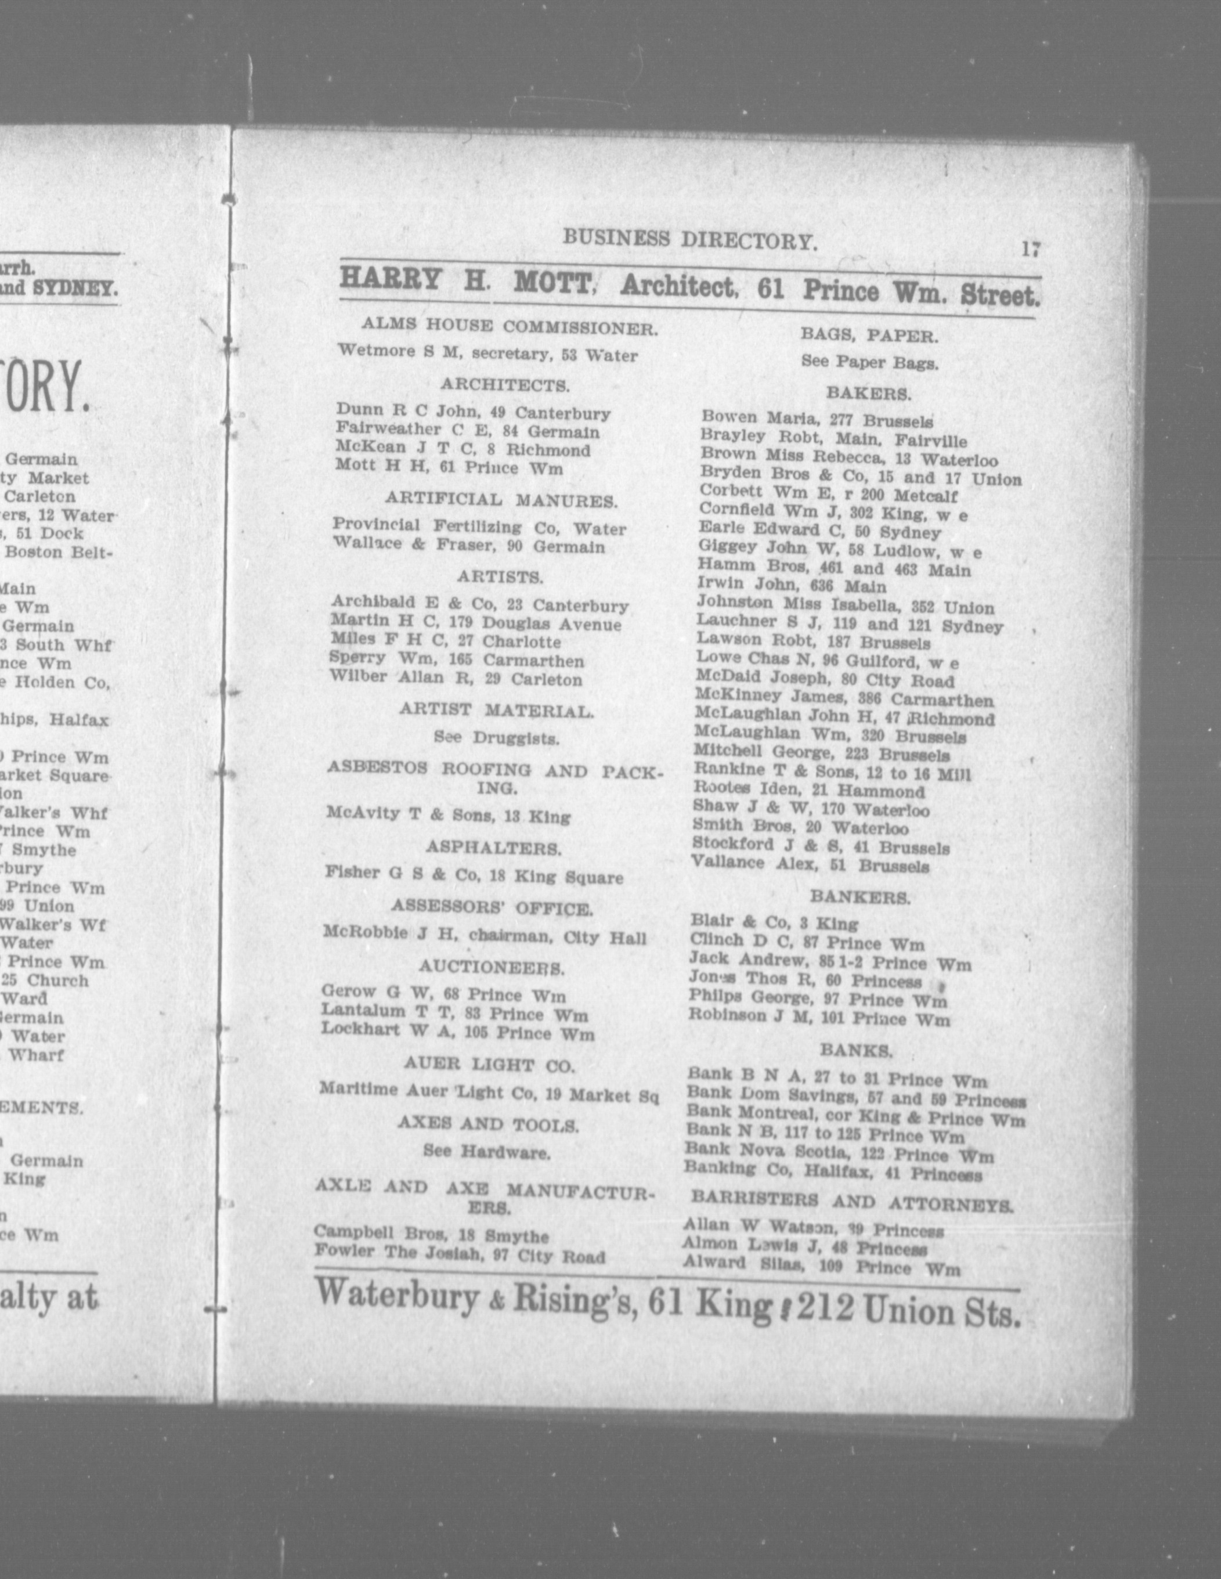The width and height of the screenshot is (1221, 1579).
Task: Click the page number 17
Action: click(1030, 250)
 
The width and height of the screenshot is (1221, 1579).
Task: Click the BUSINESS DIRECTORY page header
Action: click(689, 239)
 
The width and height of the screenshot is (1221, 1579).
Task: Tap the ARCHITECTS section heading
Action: click(505, 385)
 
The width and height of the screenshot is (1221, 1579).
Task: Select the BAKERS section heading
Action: click(868, 394)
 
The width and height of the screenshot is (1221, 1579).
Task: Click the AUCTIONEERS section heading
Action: click(492, 967)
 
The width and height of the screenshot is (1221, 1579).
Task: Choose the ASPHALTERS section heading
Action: click(492, 848)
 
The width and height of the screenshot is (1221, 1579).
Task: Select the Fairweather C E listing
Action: click(467, 432)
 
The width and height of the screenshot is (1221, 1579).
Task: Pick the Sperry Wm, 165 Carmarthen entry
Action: click(456, 660)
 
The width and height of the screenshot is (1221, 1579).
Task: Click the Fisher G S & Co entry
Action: click(474, 876)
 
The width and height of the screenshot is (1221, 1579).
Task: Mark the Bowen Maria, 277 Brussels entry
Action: click(816, 419)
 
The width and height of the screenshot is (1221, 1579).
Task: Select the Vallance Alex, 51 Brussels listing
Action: click(810, 865)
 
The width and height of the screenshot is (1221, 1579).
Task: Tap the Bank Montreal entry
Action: click(855, 1117)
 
